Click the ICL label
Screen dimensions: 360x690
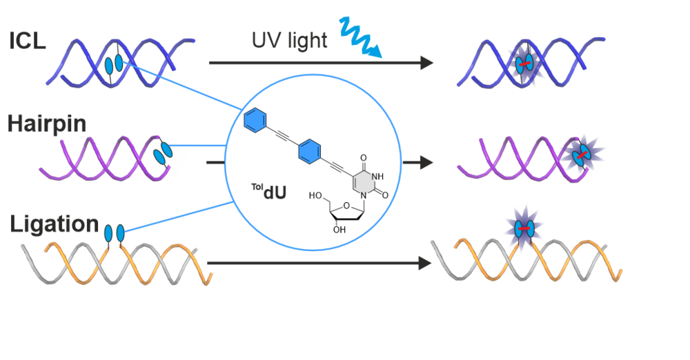28,41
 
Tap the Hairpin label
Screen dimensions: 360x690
47,124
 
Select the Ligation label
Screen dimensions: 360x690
55,225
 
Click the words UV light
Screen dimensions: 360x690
290,41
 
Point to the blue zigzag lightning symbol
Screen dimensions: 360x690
359,38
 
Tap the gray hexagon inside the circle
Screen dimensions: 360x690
364,182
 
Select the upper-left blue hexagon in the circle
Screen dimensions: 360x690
255,121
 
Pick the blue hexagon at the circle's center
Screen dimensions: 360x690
309,150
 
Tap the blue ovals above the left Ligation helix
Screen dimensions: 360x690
114,231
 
